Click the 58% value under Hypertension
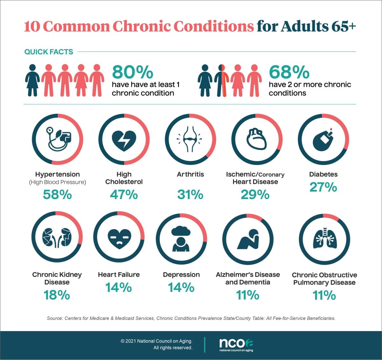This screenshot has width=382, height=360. pos(57,194)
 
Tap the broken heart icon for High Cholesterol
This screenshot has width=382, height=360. pos(124,140)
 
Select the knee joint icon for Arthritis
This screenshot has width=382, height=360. pos(190,139)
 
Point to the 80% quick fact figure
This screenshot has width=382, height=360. pos(132,72)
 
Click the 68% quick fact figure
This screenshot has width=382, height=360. pos(289,72)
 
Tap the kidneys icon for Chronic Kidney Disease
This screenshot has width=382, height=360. pos(57,237)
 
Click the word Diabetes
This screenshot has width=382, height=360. pos(323,174)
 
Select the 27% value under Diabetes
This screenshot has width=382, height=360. pos(323,187)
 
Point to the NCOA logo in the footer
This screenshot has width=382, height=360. pos(236,344)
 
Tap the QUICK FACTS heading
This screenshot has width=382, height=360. pos(49,52)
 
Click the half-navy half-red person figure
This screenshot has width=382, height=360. pos(222,80)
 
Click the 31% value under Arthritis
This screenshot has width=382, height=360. pos(190,194)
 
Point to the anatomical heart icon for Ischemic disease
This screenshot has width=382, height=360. pos(257,139)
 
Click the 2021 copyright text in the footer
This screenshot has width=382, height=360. pos(157,341)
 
